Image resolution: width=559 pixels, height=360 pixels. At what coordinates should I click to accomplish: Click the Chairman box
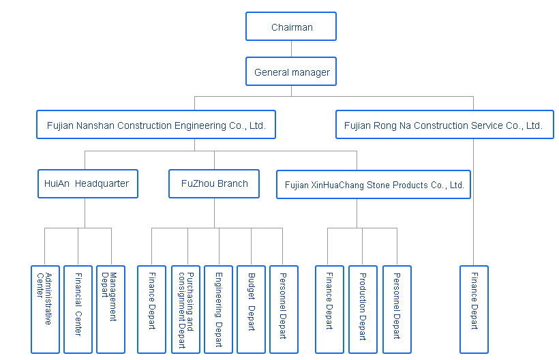point(291,27)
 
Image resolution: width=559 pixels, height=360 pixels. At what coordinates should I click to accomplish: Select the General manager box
point(291,72)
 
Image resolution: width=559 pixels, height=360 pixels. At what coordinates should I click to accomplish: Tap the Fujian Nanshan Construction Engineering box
point(155,125)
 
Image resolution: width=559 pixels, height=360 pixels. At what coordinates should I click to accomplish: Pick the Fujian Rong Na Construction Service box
point(444,125)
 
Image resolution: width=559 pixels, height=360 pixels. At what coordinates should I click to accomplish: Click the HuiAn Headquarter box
point(87,183)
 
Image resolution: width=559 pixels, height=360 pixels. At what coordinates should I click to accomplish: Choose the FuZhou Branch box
point(214,183)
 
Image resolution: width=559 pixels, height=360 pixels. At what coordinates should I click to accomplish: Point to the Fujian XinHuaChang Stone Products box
point(374,184)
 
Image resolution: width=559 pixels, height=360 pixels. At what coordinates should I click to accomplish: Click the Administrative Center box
point(45,308)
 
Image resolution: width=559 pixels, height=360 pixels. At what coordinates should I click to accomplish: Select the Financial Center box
point(78,308)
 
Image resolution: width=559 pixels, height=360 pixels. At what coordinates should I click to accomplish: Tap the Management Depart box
point(110,308)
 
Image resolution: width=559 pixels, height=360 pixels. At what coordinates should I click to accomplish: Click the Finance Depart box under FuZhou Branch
point(151,308)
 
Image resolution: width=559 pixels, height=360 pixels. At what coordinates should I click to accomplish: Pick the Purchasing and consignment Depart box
point(185,308)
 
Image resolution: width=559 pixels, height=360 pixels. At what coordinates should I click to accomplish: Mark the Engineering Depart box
point(218,308)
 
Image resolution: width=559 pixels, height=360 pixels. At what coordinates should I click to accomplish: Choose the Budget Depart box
point(251,308)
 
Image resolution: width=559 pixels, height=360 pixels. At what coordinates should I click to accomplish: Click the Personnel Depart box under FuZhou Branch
point(284,308)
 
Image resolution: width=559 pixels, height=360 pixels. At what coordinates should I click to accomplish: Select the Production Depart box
point(363,308)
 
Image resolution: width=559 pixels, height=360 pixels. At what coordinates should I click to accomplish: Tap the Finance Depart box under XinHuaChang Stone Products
point(329,308)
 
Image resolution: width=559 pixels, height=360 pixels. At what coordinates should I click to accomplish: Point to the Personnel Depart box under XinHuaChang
point(396,308)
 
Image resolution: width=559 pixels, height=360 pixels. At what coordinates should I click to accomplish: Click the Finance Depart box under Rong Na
point(474,308)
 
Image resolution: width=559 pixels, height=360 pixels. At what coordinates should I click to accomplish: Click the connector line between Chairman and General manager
point(291,49)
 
